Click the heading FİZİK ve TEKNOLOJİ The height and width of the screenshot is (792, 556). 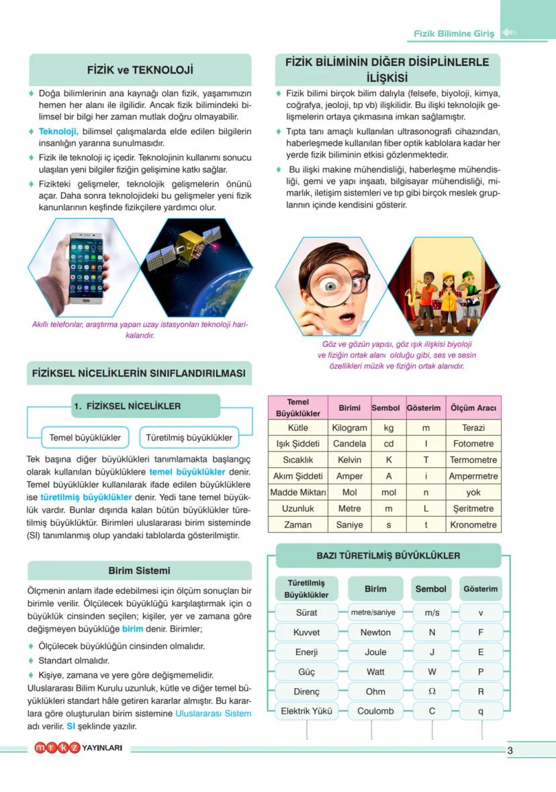[140, 70]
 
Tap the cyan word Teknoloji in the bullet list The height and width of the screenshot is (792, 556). [58, 132]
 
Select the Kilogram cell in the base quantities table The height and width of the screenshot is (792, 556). [349, 428]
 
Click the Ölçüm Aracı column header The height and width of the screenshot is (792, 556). [473, 408]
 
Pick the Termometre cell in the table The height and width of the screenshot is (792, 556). [473, 460]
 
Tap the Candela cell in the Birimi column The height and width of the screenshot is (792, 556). [349, 444]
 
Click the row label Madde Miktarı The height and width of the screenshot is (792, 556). [297, 492]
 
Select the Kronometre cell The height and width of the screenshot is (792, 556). [473, 525]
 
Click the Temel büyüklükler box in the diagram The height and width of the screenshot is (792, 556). [85, 438]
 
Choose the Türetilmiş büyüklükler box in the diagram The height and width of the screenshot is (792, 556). [189, 438]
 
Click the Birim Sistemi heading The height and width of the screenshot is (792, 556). [139, 571]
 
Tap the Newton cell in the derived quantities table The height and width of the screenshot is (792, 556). [375, 632]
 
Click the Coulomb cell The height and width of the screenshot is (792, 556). [375, 711]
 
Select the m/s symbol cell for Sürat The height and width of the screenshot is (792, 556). [431, 613]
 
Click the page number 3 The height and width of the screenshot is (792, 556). [510, 751]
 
